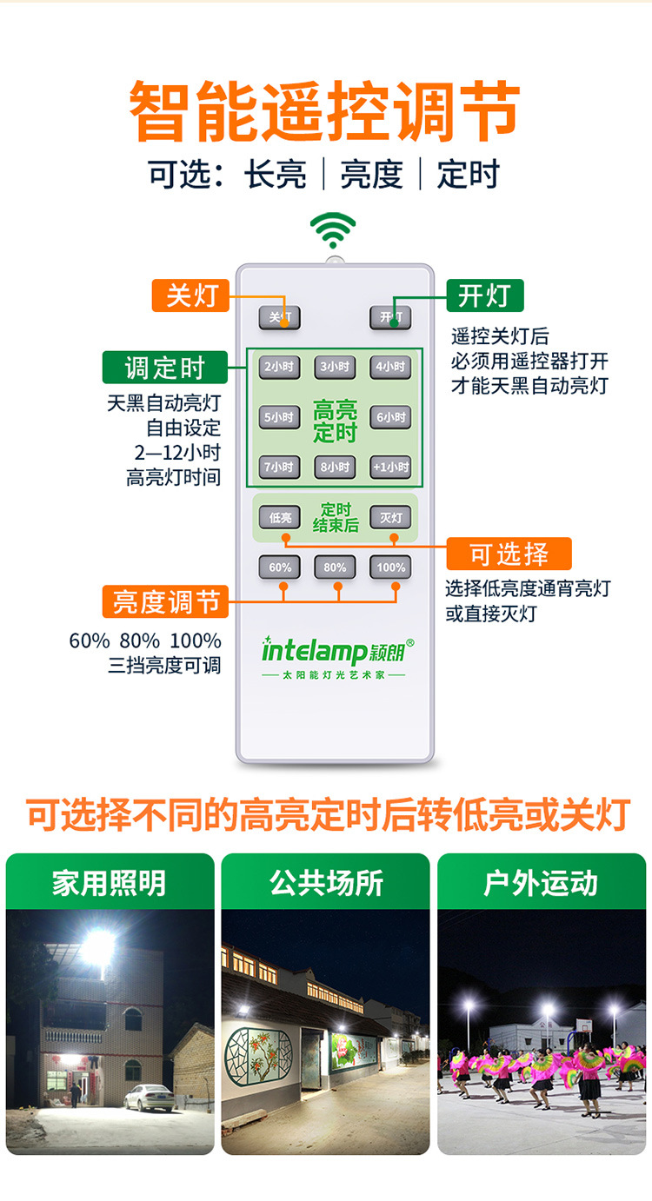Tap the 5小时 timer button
click(x=279, y=417)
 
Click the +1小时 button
click(x=390, y=467)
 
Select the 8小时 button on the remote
click(x=335, y=467)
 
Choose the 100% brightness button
click(x=390, y=567)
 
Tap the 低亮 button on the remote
click(x=279, y=518)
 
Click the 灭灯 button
click(x=390, y=518)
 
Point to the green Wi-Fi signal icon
click(x=333, y=230)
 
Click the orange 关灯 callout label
click(x=190, y=295)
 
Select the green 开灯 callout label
click(x=484, y=295)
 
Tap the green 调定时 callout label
click(x=164, y=368)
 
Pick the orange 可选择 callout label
click(x=509, y=554)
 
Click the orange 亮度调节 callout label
click(x=164, y=601)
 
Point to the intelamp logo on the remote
click(x=337, y=652)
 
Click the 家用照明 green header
click(x=110, y=882)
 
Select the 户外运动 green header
click(x=541, y=882)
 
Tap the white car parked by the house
click(x=149, y=1098)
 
